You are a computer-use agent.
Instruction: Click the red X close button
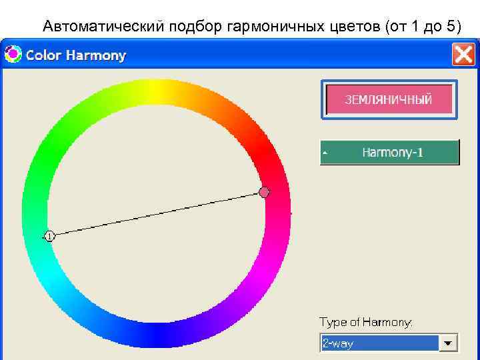pyautogui.click(x=463, y=55)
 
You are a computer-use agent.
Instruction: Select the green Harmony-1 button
pyautogui.click(x=390, y=152)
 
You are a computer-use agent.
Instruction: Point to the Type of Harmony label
pyautogui.click(x=366, y=322)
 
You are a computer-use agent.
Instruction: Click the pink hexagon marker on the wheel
pyautogui.click(x=265, y=192)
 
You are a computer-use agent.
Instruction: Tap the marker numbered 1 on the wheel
pyautogui.click(x=49, y=235)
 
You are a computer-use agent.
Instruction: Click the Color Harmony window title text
pyautogui.click(x=75, y=55)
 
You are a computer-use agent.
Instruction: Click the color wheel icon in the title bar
pyautogui.click(x=13, y=55)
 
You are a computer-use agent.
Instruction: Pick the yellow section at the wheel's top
pyautogui.click(x=156, y=91)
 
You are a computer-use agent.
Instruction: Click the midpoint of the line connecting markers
pyautogui.click(x=157, y=214)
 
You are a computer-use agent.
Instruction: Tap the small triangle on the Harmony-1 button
pyautogui.click(x=325, y=153)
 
